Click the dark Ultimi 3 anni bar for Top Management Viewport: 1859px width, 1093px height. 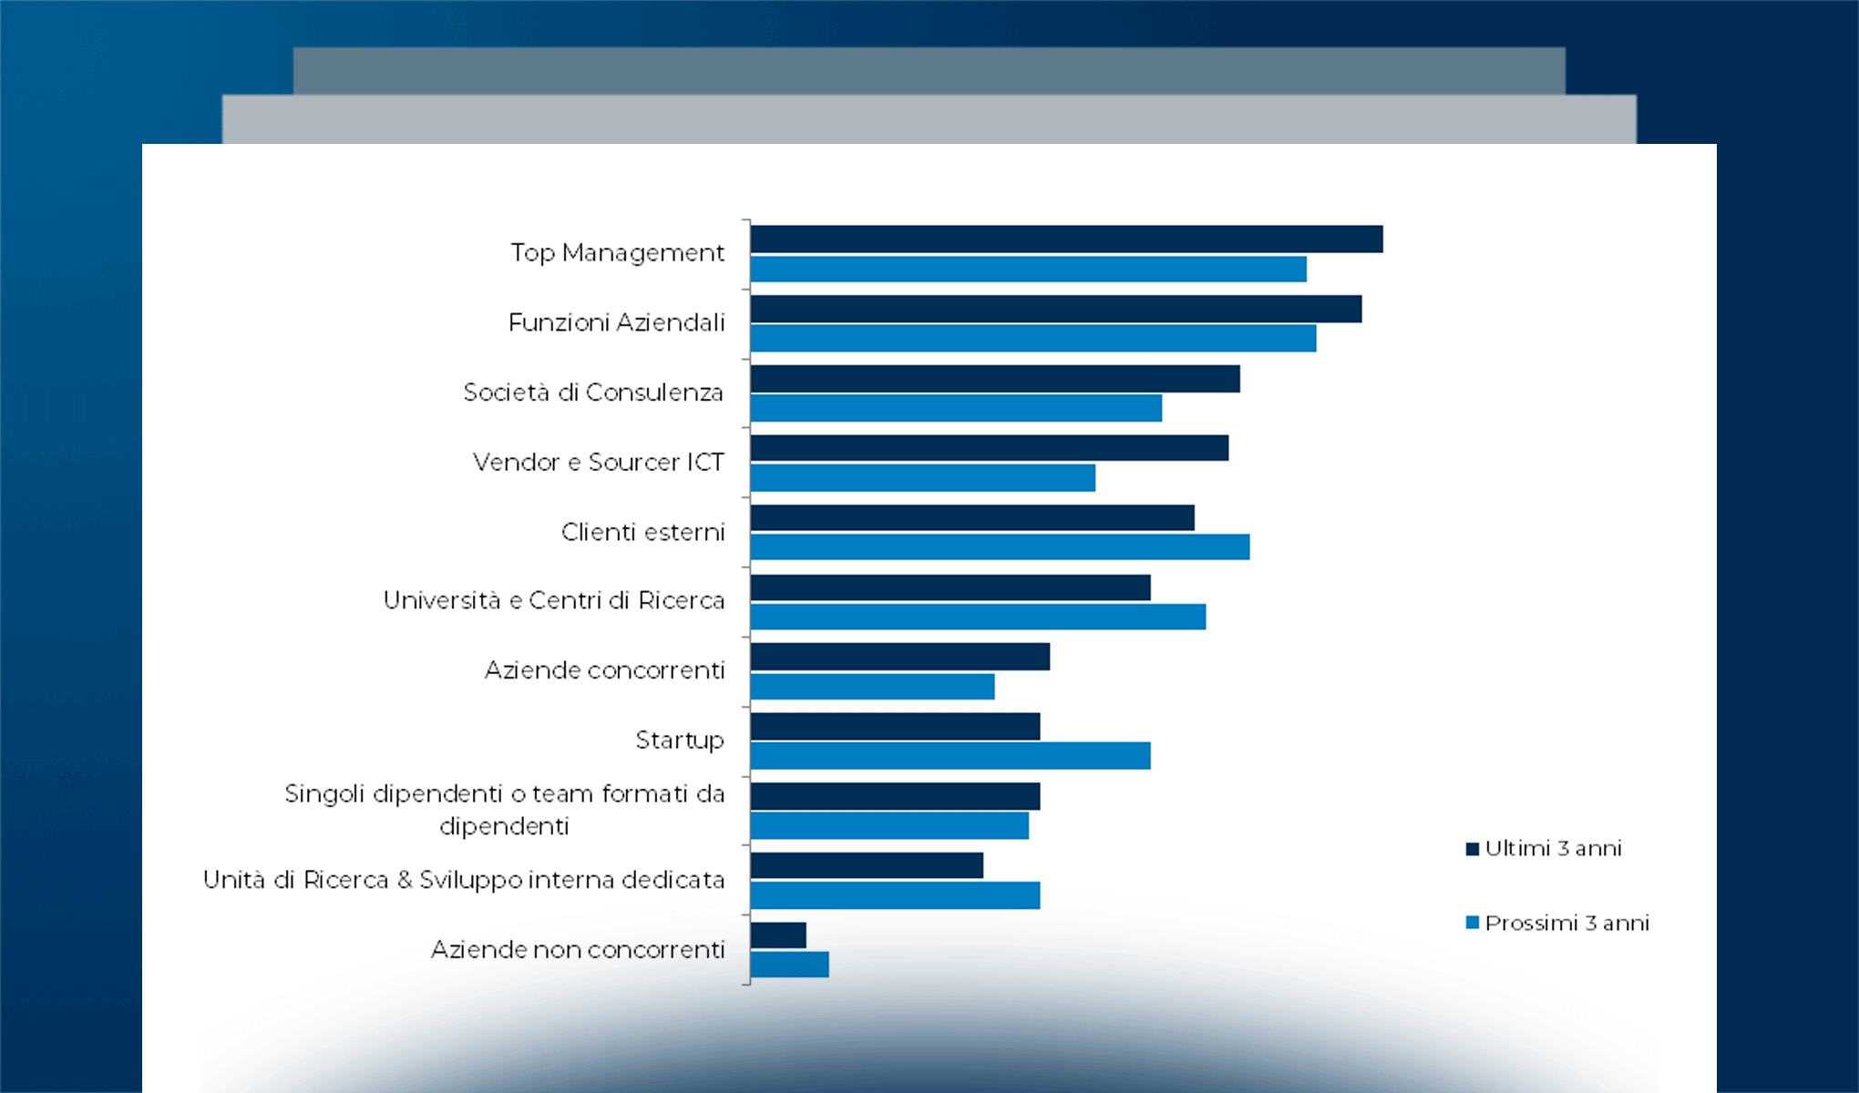point(1066,240)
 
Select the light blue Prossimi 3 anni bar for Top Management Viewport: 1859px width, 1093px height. point(1028,270)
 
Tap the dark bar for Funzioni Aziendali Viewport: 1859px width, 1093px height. point(1055,310)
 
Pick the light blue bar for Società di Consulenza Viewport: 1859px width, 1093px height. point(956,408)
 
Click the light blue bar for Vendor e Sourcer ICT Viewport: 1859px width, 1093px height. point(922,478)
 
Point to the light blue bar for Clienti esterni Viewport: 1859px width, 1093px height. point(1000,547)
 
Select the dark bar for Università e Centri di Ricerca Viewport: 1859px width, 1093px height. point(950,587)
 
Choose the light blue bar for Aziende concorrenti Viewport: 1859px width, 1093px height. point(872,687)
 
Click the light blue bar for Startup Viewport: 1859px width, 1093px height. point(950,756)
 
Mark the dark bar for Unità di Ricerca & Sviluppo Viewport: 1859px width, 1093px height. point(867,865)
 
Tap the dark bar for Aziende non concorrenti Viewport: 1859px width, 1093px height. point(778,935)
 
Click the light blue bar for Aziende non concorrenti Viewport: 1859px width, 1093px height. point(789,965)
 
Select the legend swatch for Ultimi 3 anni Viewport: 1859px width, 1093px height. point(1472,849)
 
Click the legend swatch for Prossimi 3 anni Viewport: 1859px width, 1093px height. point(1472,923)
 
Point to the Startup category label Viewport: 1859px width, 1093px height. point(680,741)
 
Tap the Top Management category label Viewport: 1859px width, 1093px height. point(617,253)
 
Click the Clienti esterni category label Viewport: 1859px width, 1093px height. point(642,532)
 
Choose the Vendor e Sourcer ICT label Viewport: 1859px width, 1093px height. point(598,463)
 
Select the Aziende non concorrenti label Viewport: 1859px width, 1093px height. point(578,950)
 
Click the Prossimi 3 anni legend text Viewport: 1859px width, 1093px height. point(1566,924)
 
